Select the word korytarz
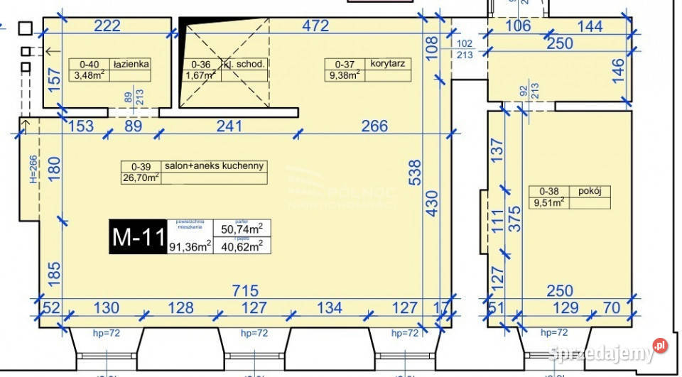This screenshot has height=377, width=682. pyautogui.click(x=388, y=64)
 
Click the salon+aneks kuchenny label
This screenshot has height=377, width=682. pyautogui.click(x=214, y=166)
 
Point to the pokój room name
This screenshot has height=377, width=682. pyautogui.click(x=590, y=191)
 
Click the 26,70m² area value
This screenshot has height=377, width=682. pyautogui.click(x=141, y=178)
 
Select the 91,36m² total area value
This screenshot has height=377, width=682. pyautogui.click(x=190, y=246)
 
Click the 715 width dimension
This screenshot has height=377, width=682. pyautogui.click(x=244, y=291)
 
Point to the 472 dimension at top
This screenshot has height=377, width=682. pyautogui.click(x=315, y=26)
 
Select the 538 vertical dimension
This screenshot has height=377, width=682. pyautogui.click(x=415, y=173)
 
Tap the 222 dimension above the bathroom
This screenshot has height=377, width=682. pyautogui.click(x=107, y=26)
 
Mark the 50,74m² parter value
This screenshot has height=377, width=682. pyautogui.click(x=242, y=228)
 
